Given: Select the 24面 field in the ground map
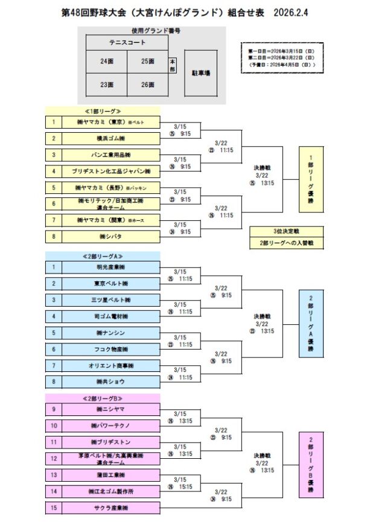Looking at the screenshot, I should [x=106, y=62].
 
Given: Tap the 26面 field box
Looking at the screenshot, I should [x=147, y=85].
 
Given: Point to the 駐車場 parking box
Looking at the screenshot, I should [x=200, y=72].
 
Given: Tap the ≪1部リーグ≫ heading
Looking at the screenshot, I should [x=102, y=111].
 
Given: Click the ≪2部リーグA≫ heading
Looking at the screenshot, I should [x=102, y=256].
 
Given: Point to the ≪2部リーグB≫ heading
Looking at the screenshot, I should [x=102, y=399].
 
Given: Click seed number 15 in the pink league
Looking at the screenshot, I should [x=53, y=508].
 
